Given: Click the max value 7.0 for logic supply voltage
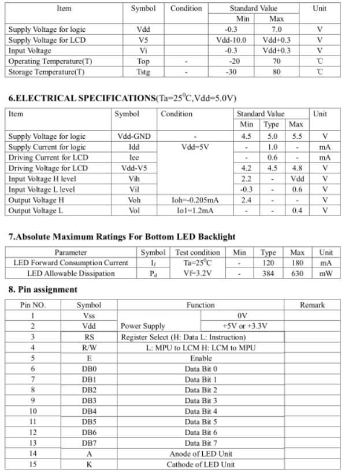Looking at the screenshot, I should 277,28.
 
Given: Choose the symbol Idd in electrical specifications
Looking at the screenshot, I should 134,147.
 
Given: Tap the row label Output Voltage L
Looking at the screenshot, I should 35,210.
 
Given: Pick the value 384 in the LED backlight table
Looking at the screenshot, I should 269,273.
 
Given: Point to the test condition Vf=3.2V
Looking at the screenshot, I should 198,273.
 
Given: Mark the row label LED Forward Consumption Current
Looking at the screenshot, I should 70,263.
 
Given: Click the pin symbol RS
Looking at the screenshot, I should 89,336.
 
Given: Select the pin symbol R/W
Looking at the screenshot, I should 89,347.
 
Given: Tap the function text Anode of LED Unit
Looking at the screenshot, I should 201,454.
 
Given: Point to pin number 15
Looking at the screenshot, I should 33,464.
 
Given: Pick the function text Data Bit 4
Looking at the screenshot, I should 201,411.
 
